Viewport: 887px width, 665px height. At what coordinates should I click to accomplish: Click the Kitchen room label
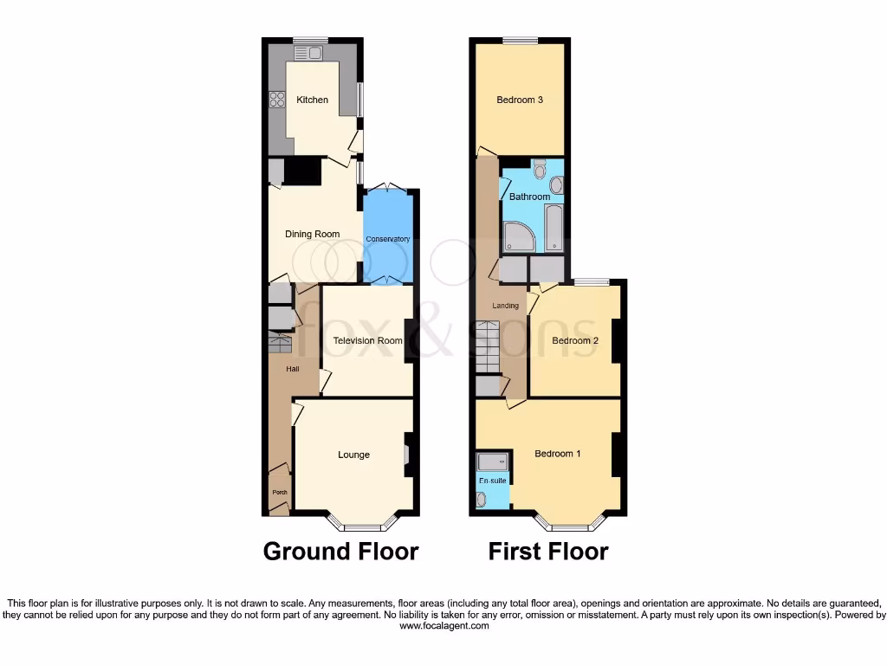pos(312,100)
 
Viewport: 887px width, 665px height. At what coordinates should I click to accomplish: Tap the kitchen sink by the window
pos(308,54)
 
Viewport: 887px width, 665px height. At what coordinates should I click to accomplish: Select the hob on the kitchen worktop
pos(277,100)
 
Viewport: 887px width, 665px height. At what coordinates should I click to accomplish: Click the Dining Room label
pos(313,234)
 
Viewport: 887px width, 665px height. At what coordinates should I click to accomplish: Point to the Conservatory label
pos(387,239)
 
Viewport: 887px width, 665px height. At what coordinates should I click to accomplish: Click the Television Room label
pos(367,340)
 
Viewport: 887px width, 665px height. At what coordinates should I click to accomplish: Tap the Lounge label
pos(353,455)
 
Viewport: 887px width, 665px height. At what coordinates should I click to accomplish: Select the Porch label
pos(279,493)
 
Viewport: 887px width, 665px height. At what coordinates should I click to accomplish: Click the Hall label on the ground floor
pos(293,370)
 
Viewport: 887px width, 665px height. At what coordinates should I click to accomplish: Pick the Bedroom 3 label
pos(520,100)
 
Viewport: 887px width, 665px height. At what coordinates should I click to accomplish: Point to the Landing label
pos(505,306)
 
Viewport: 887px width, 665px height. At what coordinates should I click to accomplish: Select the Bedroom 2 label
pos(575,340)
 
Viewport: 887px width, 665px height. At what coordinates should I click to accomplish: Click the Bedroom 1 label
pos(558,454)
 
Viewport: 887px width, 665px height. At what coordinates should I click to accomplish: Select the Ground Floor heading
pos(340,552)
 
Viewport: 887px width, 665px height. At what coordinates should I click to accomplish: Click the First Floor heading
pos(548,552)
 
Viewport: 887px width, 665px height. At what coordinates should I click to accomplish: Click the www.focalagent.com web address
pos(443,626)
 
